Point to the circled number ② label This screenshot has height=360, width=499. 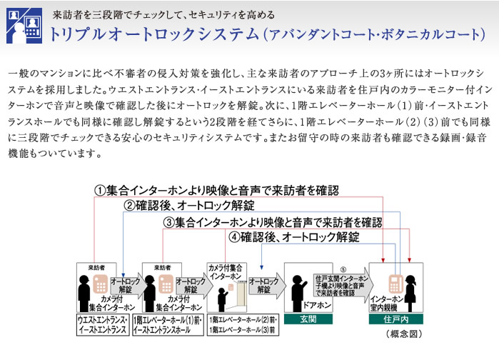tap(129, 206)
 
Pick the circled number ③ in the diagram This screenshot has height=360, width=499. tap(168, 222)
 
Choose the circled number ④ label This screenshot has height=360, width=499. tap(233, 238)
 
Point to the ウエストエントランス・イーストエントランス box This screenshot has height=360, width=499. tap(103, 325)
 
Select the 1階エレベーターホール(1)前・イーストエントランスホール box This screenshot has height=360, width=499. tap(168, 325)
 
